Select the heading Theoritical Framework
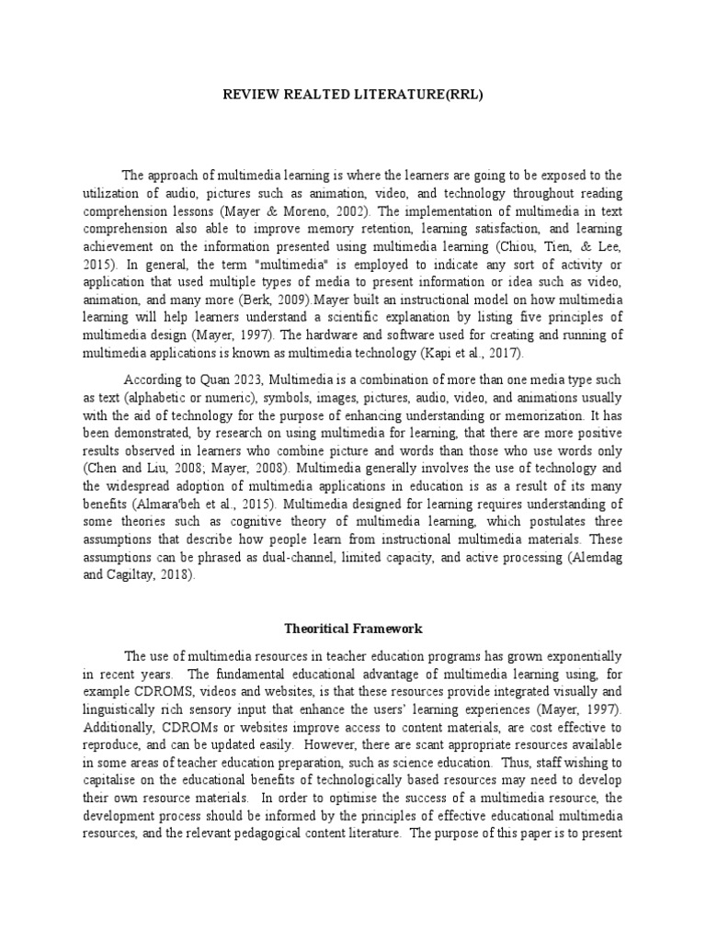click(352, 629)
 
